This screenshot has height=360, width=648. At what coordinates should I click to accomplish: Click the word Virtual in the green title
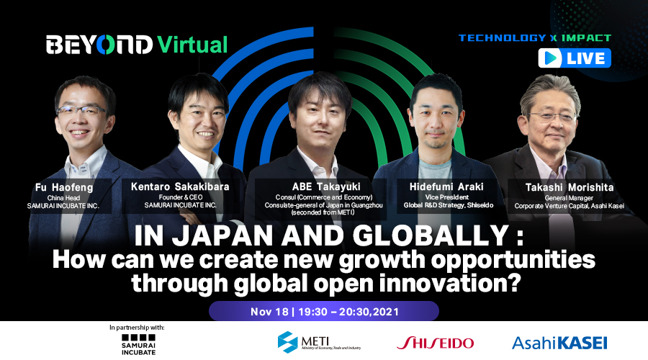coord(192,45)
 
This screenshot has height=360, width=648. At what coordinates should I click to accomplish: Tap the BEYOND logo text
coord(99,45)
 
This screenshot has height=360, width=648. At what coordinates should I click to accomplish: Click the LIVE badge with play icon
coord(575,58)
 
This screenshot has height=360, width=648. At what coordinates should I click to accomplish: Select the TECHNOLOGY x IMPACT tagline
coord(535,38)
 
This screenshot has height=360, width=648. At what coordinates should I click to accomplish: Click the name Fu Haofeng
coord(64,187)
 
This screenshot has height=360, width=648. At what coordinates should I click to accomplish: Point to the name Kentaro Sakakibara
coord(180,186)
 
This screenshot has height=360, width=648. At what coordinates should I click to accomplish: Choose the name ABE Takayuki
coord(326,186)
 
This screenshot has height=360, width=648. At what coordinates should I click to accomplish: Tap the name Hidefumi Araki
coord(446,186)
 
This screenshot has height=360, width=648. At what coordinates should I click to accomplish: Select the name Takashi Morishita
coord(570,187)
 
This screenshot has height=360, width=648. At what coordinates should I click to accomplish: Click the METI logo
coord(319,342)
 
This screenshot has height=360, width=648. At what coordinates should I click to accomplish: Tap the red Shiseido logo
coord(435,343)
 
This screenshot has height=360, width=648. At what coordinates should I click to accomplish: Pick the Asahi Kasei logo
coord(559,343)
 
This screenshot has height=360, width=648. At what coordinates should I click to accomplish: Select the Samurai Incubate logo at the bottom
coord(138,345)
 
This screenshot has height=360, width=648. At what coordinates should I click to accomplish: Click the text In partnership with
coord(137,328)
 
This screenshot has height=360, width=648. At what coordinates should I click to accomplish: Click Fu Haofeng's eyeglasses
coord(81,110)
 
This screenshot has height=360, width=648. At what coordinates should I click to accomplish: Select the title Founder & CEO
coord(181,197)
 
